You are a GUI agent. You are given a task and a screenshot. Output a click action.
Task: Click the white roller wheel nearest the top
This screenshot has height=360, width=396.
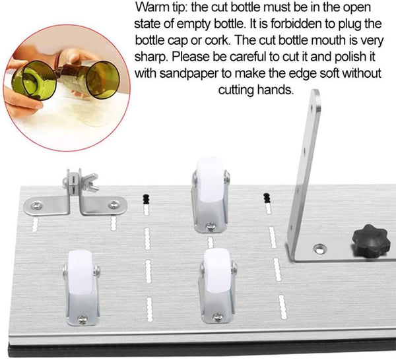[210, 181]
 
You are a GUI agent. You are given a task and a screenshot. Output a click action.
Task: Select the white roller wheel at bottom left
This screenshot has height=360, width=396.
[81, 272]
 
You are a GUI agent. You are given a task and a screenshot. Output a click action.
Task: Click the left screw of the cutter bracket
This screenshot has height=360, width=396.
[36, 206]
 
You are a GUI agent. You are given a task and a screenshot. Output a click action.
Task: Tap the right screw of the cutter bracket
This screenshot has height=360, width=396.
[114, 204]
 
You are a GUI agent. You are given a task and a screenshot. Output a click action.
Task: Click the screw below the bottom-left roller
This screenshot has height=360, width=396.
[82, 319]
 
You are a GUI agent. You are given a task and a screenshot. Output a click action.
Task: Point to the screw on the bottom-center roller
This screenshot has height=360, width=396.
[218, 317]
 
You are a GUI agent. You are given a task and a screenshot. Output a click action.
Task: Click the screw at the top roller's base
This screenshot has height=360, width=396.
[211, 227]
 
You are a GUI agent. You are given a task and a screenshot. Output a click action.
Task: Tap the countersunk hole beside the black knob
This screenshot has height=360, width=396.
[319, 249]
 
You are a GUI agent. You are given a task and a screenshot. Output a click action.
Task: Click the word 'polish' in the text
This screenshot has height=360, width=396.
[350, 57]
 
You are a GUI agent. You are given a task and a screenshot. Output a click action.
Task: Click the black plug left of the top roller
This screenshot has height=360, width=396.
[147, 199]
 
